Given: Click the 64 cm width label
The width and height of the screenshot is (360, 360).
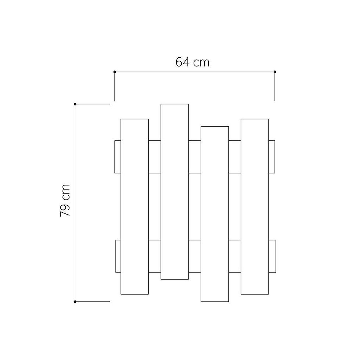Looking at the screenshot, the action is click(x=192, y=62).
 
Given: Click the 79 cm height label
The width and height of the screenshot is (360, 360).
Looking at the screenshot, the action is click(x=65, y=200).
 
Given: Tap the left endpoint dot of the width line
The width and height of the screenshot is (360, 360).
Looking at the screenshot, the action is click(x=115, y=72).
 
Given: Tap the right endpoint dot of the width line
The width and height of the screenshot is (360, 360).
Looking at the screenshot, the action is click(x=275, y=72).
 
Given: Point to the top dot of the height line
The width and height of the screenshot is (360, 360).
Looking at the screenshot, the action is click(x=75, y=104).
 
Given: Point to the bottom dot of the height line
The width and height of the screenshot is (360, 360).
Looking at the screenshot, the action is click(x=75, y=302).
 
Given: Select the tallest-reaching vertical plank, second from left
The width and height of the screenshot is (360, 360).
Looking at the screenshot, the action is click(x=175, y=192).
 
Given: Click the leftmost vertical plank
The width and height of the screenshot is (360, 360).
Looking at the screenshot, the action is click(x=135, y=206).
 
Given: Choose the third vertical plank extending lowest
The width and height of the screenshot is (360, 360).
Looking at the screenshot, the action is click(x=215, y=214).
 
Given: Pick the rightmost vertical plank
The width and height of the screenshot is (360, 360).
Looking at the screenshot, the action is click(x=255, y=206).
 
